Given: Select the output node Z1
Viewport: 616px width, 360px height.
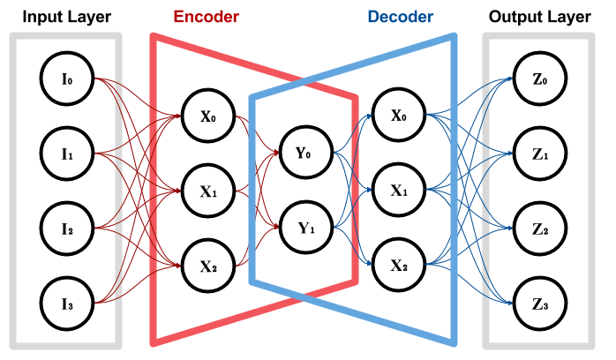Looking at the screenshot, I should [539, 154].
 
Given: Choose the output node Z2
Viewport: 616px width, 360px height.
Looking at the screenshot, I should [539, 229].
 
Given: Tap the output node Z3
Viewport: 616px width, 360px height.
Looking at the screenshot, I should [539, 304].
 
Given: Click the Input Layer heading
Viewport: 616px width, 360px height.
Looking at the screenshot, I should [66, 16].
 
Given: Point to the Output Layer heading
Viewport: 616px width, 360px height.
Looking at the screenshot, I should [539, 16].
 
